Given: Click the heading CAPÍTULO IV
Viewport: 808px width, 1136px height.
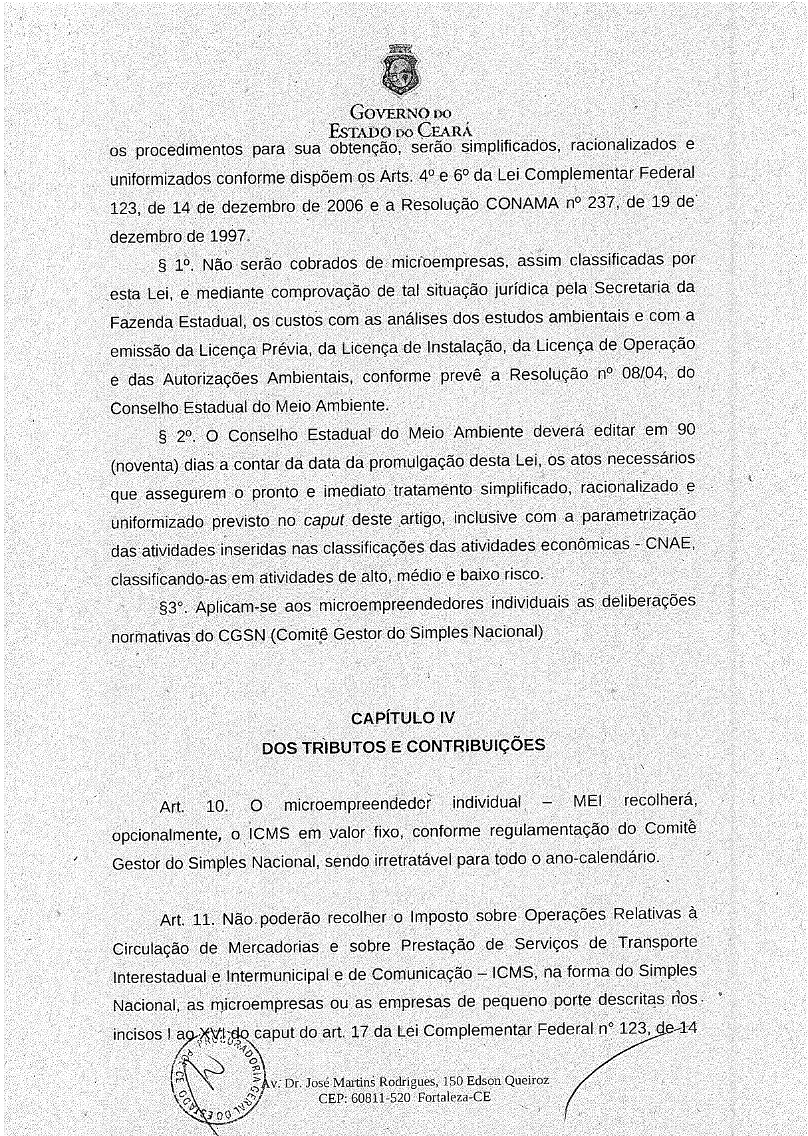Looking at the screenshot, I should pyautogui.click(x=403, y=718).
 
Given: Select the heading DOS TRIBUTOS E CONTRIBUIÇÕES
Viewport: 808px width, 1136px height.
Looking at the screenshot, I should pyautogui.click(x=403, y=746).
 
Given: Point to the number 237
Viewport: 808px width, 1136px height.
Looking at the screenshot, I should pyautogui.click(x=599, y=202).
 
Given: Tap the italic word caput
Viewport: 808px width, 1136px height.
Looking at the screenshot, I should pyautogui.click(x=324, y=519).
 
